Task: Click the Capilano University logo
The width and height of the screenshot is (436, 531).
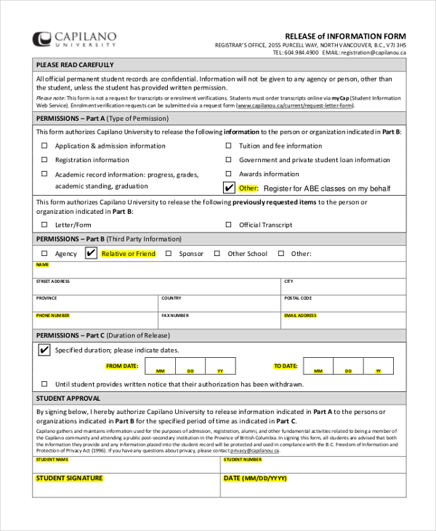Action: click(74, 39)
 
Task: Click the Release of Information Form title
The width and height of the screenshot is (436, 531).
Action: click(345, 36)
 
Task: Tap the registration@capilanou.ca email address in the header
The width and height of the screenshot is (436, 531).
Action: click(374, 53)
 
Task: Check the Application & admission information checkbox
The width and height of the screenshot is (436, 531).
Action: click(45, 145)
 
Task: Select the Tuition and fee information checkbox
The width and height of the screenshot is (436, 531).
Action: click(228, 145)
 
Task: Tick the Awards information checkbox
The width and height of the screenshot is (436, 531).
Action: click(228, 175)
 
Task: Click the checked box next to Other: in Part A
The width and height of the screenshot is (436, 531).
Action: click(229, 188)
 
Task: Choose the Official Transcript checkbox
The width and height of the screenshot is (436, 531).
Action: click(228, 225)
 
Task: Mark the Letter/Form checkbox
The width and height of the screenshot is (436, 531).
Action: click(45, 225)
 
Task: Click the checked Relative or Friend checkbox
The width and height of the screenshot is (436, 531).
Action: click(91, 253)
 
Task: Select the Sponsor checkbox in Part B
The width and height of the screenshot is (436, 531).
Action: click(169, 254)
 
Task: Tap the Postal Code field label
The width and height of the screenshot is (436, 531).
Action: click(298, 298)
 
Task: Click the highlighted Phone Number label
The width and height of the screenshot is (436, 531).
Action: click(53, 316)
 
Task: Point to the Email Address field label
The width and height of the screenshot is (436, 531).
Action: click(300, 316)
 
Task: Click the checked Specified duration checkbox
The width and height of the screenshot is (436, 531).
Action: click(44, 350)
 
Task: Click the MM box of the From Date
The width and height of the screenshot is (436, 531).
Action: click(161, 366)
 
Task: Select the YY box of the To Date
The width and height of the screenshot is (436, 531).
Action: click(377, 366)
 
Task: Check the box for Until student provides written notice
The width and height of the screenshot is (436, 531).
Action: click(45, 384)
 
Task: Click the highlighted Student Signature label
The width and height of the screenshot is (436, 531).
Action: click(70, 479)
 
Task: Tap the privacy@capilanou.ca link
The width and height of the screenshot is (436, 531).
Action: click(254, 450)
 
